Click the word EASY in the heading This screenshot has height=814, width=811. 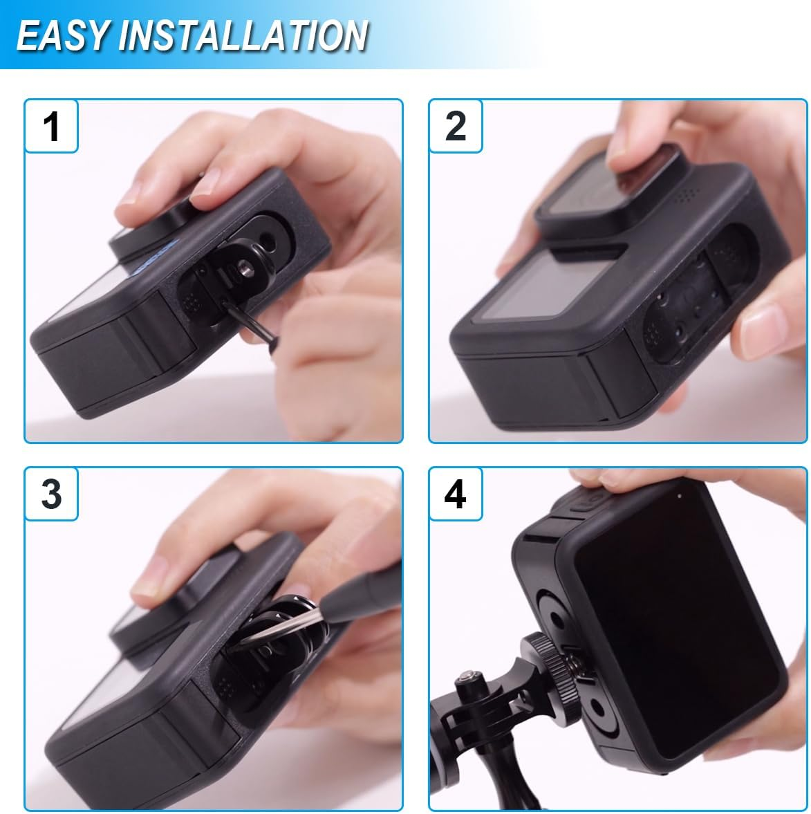[62, 35]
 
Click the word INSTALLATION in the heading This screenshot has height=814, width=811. [242, 35]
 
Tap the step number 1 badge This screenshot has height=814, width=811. [51, 127]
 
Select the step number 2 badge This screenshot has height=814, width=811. [455, 127]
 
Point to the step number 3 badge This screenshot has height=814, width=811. [51, 495]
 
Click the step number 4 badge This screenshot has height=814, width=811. [455, 495]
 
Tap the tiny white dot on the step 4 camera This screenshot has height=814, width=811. [680, 497]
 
